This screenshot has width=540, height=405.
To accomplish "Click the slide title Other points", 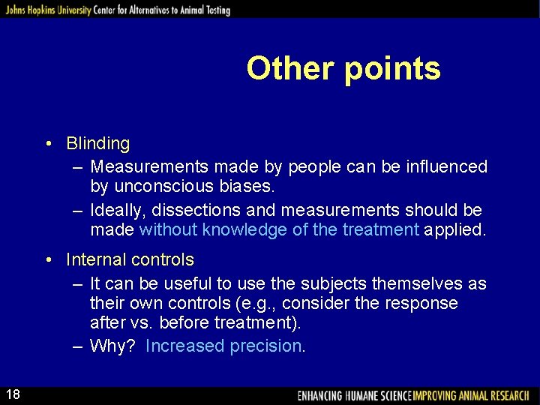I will [x=343, y=68].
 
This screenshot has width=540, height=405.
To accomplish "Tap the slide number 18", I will [x=14, y=394].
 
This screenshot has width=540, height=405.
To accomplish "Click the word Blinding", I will [x=97, y=143].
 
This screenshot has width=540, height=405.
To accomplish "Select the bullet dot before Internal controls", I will [x=47, y=260].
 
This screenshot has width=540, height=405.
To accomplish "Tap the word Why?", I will [x=113, y=346].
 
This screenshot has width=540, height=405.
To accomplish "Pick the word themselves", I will [x=418, y=284].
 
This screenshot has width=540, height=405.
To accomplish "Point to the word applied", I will [x=455, y=230].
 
